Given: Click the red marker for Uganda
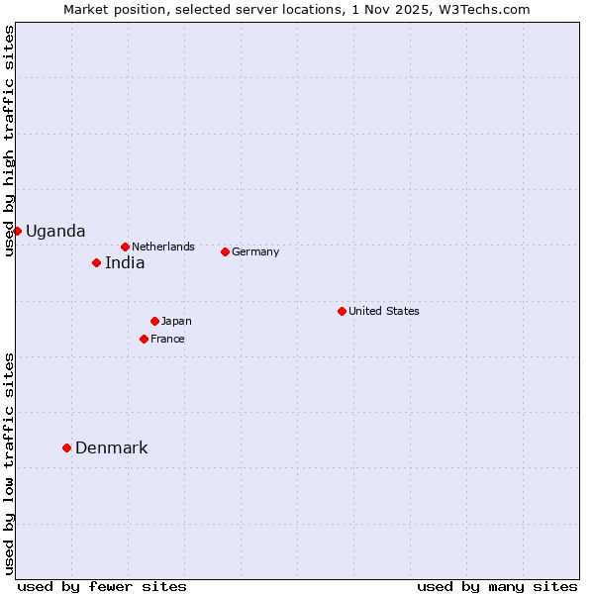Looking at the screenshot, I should coord(17,231).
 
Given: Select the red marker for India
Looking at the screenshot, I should coord(96,262).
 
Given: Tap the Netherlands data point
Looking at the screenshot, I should coord(125,247).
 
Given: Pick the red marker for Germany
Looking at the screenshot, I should coord(225,251).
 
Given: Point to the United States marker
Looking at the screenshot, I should coord(342,311).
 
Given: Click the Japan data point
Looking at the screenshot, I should coord(154,321).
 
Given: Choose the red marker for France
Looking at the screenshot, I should coord(144,339).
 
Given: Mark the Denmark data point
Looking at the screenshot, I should coord(66,447).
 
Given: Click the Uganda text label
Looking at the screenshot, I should coord(55,232).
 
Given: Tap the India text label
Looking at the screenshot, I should coord(125,263).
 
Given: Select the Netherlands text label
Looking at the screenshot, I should coord(163,247).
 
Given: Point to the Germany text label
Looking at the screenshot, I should coord(255,252).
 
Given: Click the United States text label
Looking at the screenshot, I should coord(384,311).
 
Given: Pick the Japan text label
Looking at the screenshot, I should coord(176,322).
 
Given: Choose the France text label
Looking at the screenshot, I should coord(167,340).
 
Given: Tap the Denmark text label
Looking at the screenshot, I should coord(111,448).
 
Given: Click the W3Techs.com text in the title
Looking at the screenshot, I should coord(486,9).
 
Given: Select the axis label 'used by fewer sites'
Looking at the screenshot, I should coord(102,586).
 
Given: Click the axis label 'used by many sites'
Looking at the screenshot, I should coord(497,586).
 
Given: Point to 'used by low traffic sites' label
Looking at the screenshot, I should coord(9,463).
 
